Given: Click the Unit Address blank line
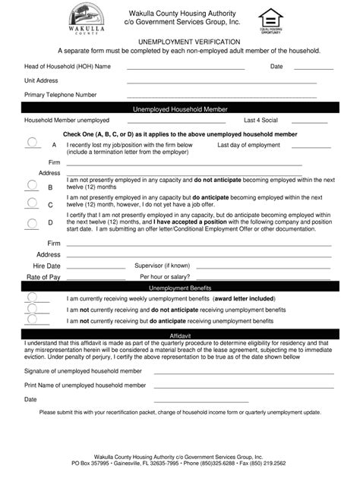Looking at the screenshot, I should [221, 81].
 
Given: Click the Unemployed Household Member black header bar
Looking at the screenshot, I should [180, 109].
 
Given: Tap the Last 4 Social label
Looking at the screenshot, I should [261, 120].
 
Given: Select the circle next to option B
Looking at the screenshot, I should [32, 184].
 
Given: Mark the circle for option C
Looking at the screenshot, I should [32, 203].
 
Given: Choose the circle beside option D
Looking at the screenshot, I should [32, 222].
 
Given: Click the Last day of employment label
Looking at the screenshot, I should [249, 144].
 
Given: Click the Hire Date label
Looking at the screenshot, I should [46, 266].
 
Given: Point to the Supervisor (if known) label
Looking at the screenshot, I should [162, 266].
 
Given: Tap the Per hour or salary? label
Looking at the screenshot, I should [165, 277].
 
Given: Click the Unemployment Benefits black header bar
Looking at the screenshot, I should [180, 288].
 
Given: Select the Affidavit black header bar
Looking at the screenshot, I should [180, 334].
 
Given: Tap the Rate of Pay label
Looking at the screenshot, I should [43, 277].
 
